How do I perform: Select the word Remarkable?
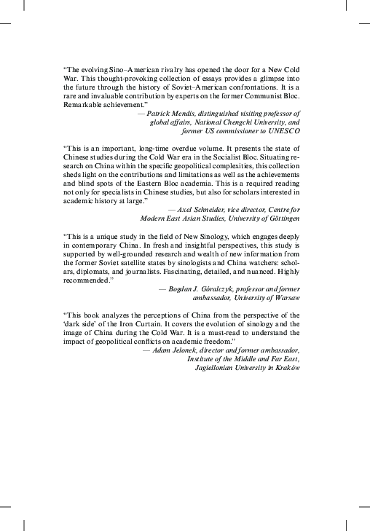pos(86,106)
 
